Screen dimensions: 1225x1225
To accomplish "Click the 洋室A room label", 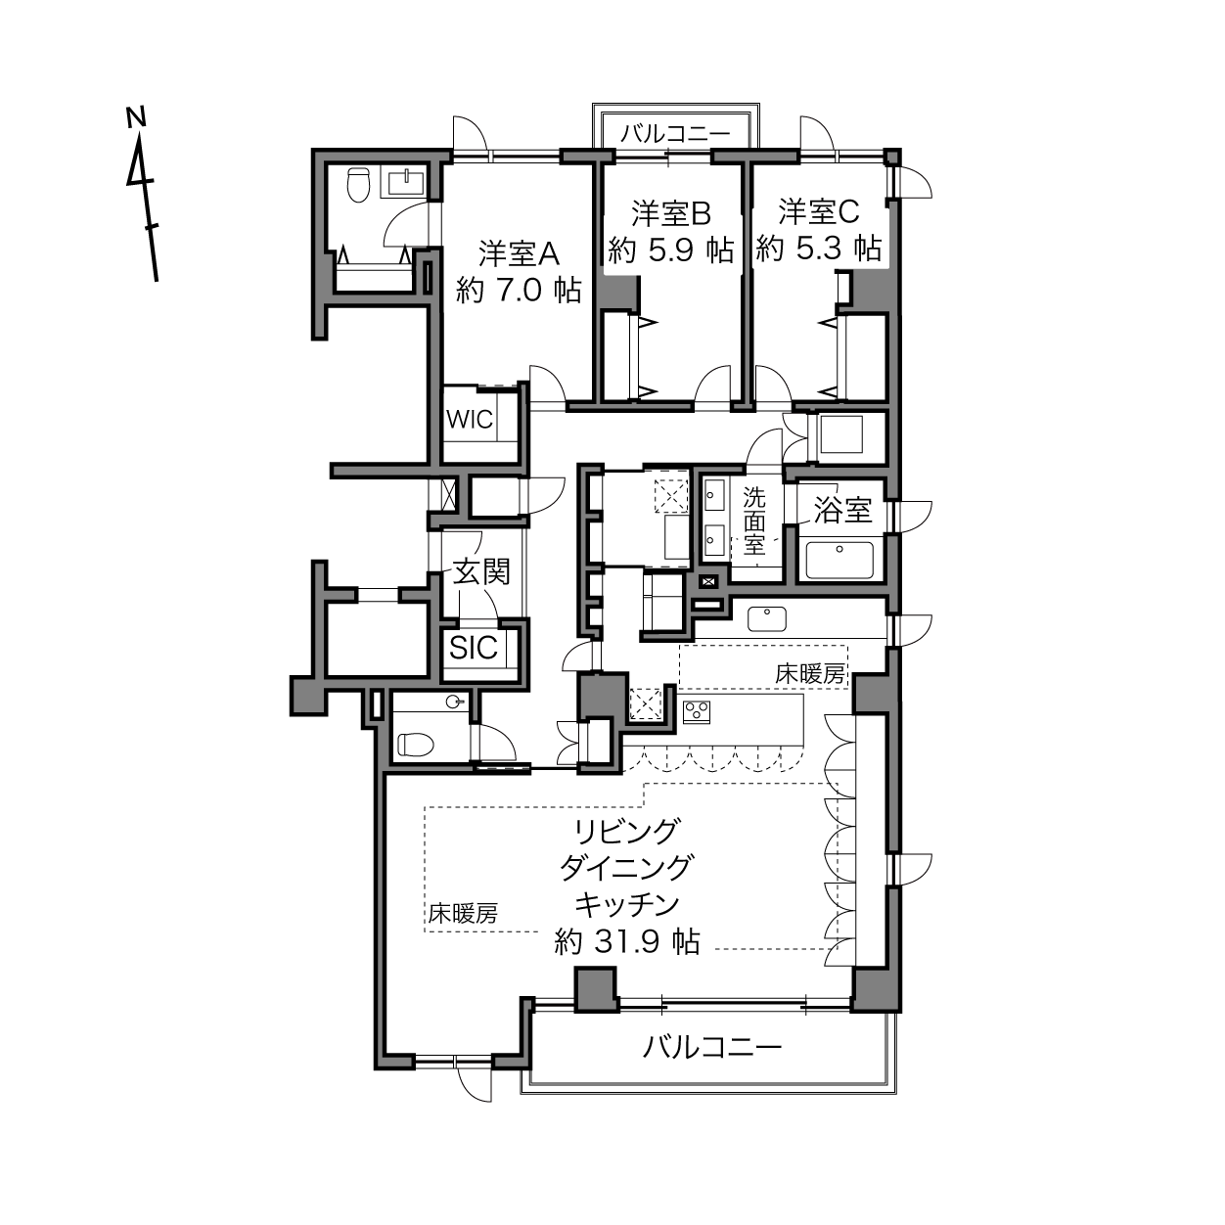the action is [519, 254].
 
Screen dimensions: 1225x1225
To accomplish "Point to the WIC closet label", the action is [470, 420].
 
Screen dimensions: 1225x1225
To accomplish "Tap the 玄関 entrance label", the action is [481, 571].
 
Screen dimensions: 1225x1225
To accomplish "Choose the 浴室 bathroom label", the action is [842, 509].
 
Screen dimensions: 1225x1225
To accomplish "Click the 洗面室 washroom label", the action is [754, 522].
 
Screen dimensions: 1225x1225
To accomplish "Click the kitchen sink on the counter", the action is [767, 618].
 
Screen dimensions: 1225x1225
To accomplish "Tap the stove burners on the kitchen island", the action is [696, 712].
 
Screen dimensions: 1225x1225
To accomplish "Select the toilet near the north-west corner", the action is [358, 184].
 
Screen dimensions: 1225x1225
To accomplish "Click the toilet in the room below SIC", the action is [415, 745].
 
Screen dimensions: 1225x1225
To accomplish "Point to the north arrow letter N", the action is [135, 117].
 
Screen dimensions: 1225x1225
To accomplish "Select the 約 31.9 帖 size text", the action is [627, 941].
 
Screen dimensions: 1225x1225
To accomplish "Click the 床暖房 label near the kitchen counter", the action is [810, 674].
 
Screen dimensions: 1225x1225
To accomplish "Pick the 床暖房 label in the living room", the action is [463, 914].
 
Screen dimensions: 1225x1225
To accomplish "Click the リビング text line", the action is [627, 831].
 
